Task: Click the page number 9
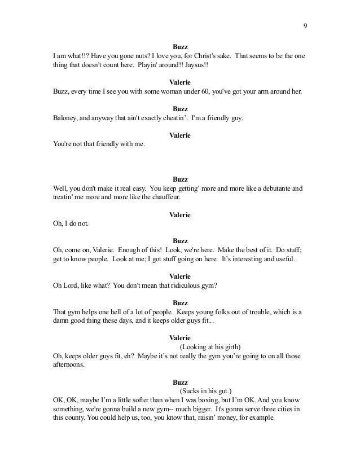pyautogui.click(x=305, y=25)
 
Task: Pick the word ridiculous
pyautogui.click(x=182, y=285)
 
